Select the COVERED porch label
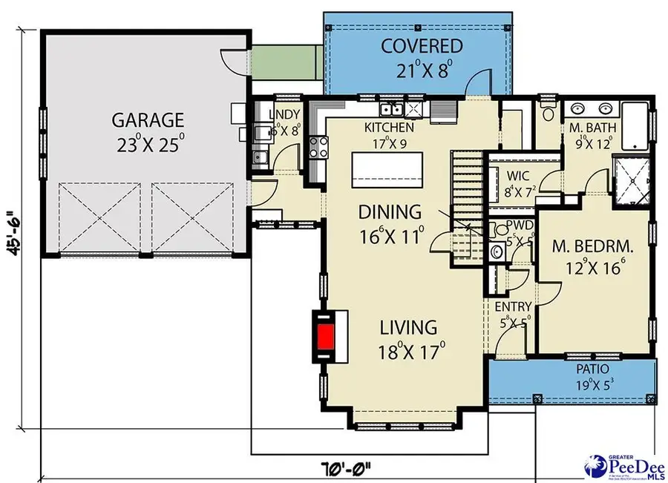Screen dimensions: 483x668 (421, 46)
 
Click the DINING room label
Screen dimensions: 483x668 (390, 213)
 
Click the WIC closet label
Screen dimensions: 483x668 (517, 177)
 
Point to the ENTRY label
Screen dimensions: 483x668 (513, 307)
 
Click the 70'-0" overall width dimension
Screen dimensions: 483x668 (346, 469)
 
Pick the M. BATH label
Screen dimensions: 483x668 (591, 128)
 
